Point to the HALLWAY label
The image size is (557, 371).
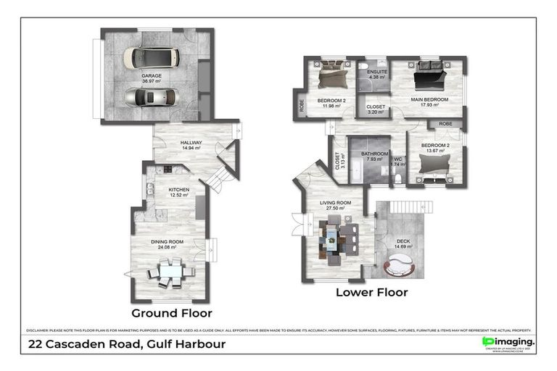coord(191,143)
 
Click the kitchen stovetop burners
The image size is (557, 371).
coord(168,170)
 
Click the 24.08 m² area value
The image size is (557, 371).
coord(167,248)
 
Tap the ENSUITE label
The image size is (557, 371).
coord(377,72)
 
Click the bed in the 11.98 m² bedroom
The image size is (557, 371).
coord(332,75)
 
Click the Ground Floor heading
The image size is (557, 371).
coord(171,314)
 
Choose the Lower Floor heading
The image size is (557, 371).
coord(371,293)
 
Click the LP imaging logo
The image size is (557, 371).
coord(508,342)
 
